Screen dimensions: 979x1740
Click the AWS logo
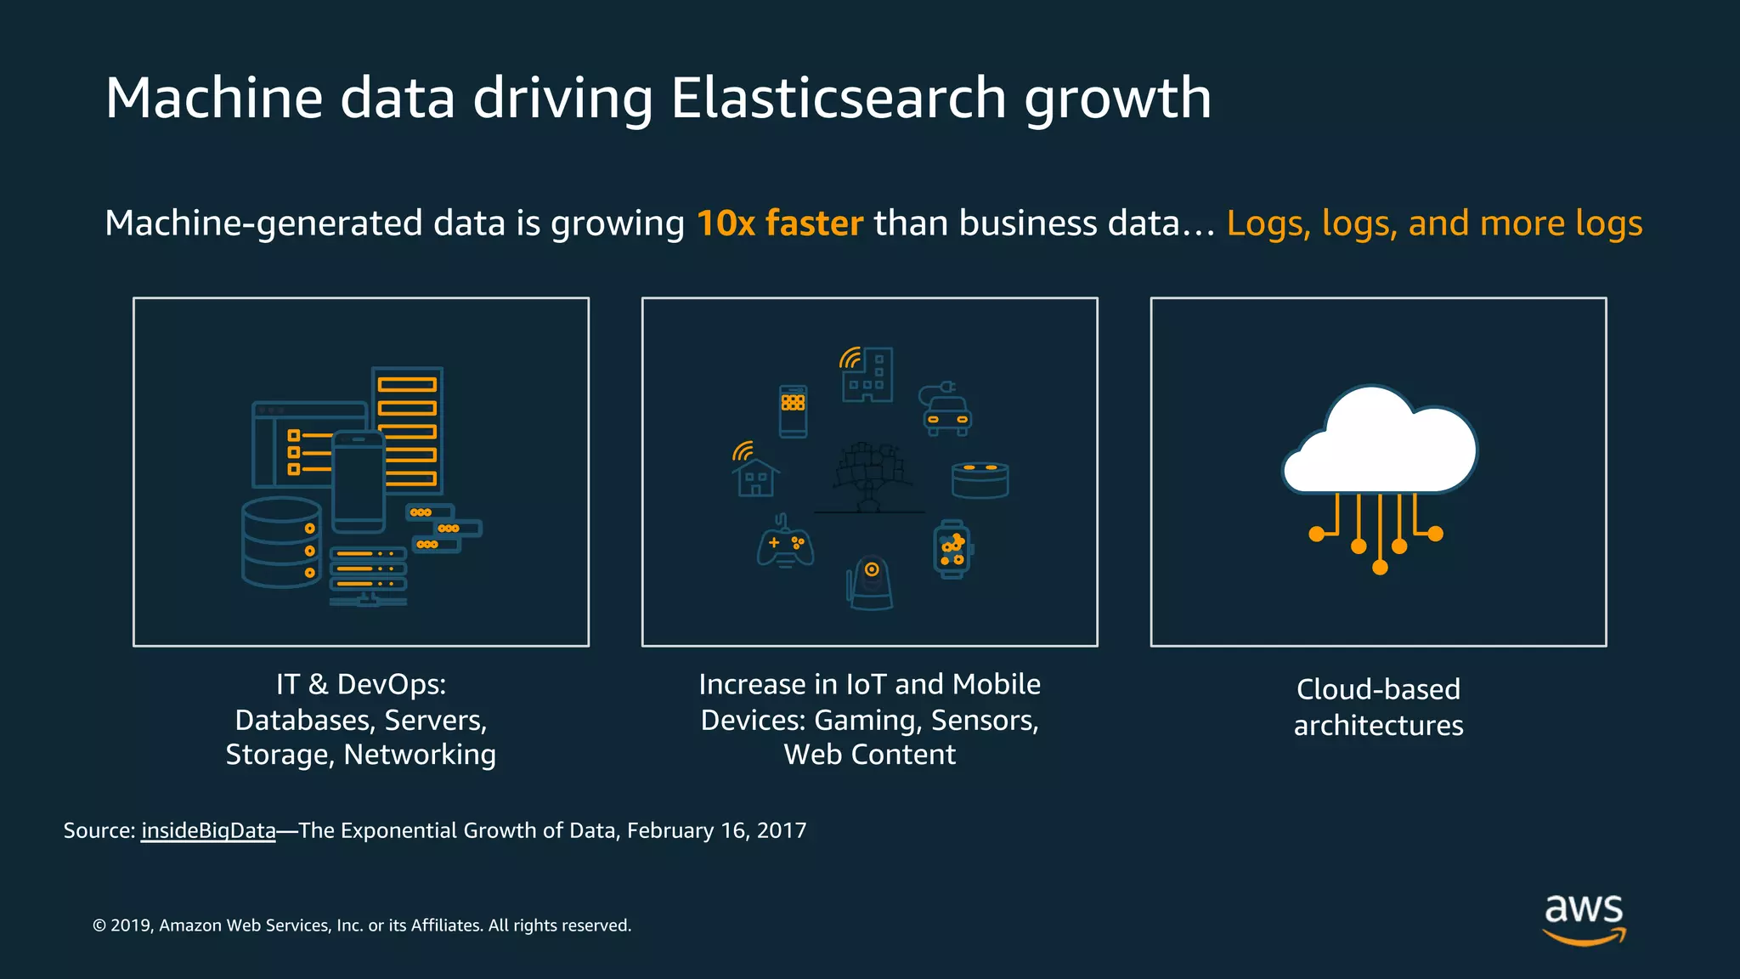1584,919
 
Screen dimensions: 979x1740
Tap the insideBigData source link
208,830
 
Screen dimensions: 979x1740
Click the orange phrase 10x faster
779,224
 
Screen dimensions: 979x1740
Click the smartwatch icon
952,549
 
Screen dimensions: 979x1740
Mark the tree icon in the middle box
869,476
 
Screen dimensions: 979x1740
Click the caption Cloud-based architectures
1378,707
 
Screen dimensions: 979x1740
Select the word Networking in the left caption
420,755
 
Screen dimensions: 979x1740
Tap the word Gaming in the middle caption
866,721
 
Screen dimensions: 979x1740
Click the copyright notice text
362,925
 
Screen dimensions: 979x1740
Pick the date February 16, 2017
716,830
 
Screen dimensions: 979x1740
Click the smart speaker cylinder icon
980,479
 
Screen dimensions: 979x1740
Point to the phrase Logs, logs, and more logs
1434,224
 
